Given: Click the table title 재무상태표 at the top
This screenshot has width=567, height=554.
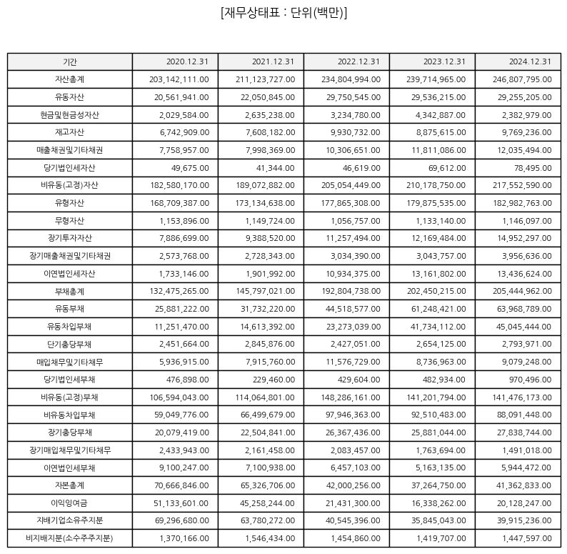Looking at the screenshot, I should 284,13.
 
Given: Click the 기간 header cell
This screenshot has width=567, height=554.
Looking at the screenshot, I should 69,61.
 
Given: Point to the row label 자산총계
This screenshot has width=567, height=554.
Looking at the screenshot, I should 69,79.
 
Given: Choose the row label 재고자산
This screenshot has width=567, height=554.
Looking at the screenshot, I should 69,132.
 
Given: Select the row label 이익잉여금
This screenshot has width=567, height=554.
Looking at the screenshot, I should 69,503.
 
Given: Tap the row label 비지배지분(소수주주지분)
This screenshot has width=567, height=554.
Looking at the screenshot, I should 69,538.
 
